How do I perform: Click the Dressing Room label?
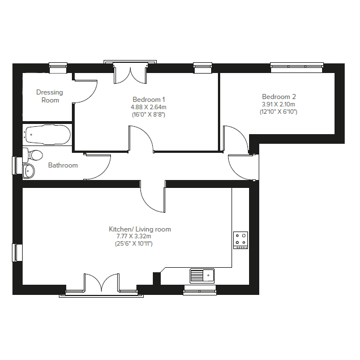point(50,96)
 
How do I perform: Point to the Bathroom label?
point(63,165)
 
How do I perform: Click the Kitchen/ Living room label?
point(140,229)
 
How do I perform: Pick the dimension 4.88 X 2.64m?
point(149,106)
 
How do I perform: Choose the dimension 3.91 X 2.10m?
point(278,105)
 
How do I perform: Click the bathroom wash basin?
point(29,170)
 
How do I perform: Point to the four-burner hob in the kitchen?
point(240,239)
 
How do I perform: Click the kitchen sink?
point(202,276)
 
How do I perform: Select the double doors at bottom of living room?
point(102,283)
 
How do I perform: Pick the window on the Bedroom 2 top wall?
point(297,67)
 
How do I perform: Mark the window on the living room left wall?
point(16,252)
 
